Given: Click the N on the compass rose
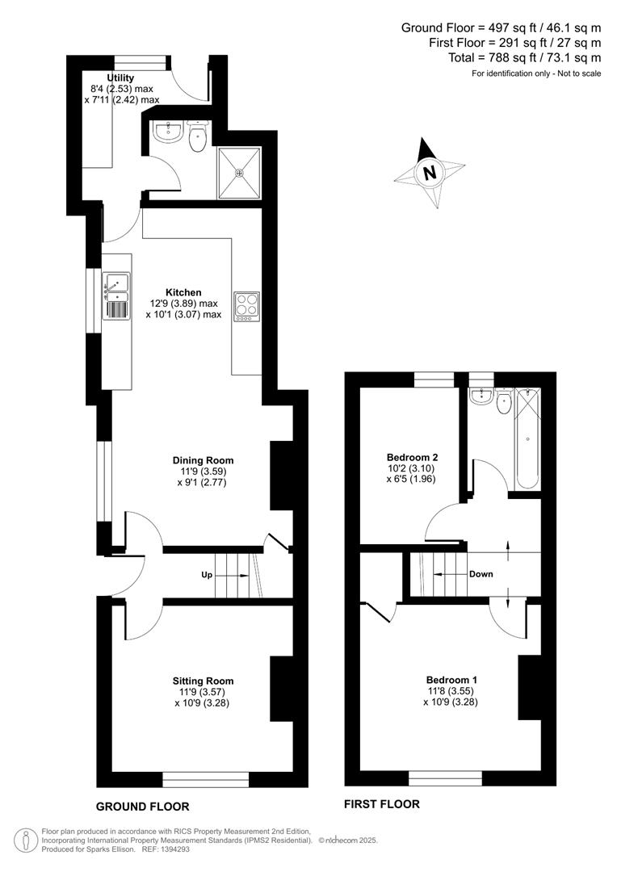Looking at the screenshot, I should coord(430,173).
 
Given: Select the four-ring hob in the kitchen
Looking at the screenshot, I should coord(246,305).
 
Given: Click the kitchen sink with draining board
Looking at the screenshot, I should coord(115,296).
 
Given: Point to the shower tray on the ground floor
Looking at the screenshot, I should coord(239,173).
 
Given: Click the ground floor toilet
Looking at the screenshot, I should coord(196,139).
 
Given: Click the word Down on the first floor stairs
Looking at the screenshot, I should coord(481,574).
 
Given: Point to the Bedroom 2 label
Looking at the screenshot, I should coord(413,456).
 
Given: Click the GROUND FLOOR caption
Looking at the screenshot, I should coord(142,807).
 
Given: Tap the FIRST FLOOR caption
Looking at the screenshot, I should coord(382,804).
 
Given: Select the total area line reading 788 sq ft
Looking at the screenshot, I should coord(524,57).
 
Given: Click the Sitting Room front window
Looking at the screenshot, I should coord(205,778).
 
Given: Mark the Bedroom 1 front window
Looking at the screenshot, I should coord(445,778).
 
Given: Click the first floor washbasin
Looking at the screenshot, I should coord(481,396).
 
